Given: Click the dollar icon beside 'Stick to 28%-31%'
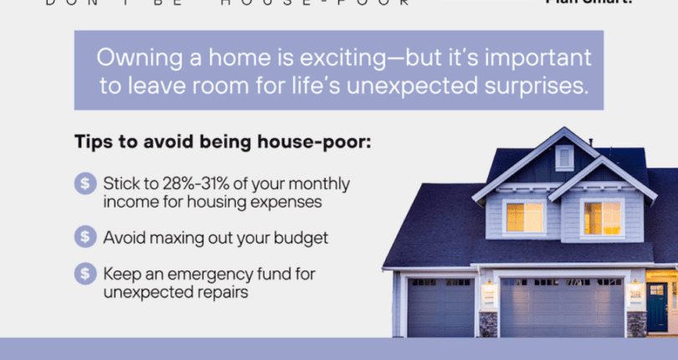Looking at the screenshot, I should pos(85,184).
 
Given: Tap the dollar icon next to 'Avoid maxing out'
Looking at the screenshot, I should pos(85,237).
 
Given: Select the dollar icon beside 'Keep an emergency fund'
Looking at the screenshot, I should pos(85,274).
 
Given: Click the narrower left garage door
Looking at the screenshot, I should pos(440,306).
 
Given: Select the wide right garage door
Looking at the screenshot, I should pos(562,306).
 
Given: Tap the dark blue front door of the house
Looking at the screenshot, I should pos(656,306).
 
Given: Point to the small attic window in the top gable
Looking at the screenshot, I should pos(564,157).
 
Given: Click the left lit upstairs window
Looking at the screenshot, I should pos(525,217).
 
